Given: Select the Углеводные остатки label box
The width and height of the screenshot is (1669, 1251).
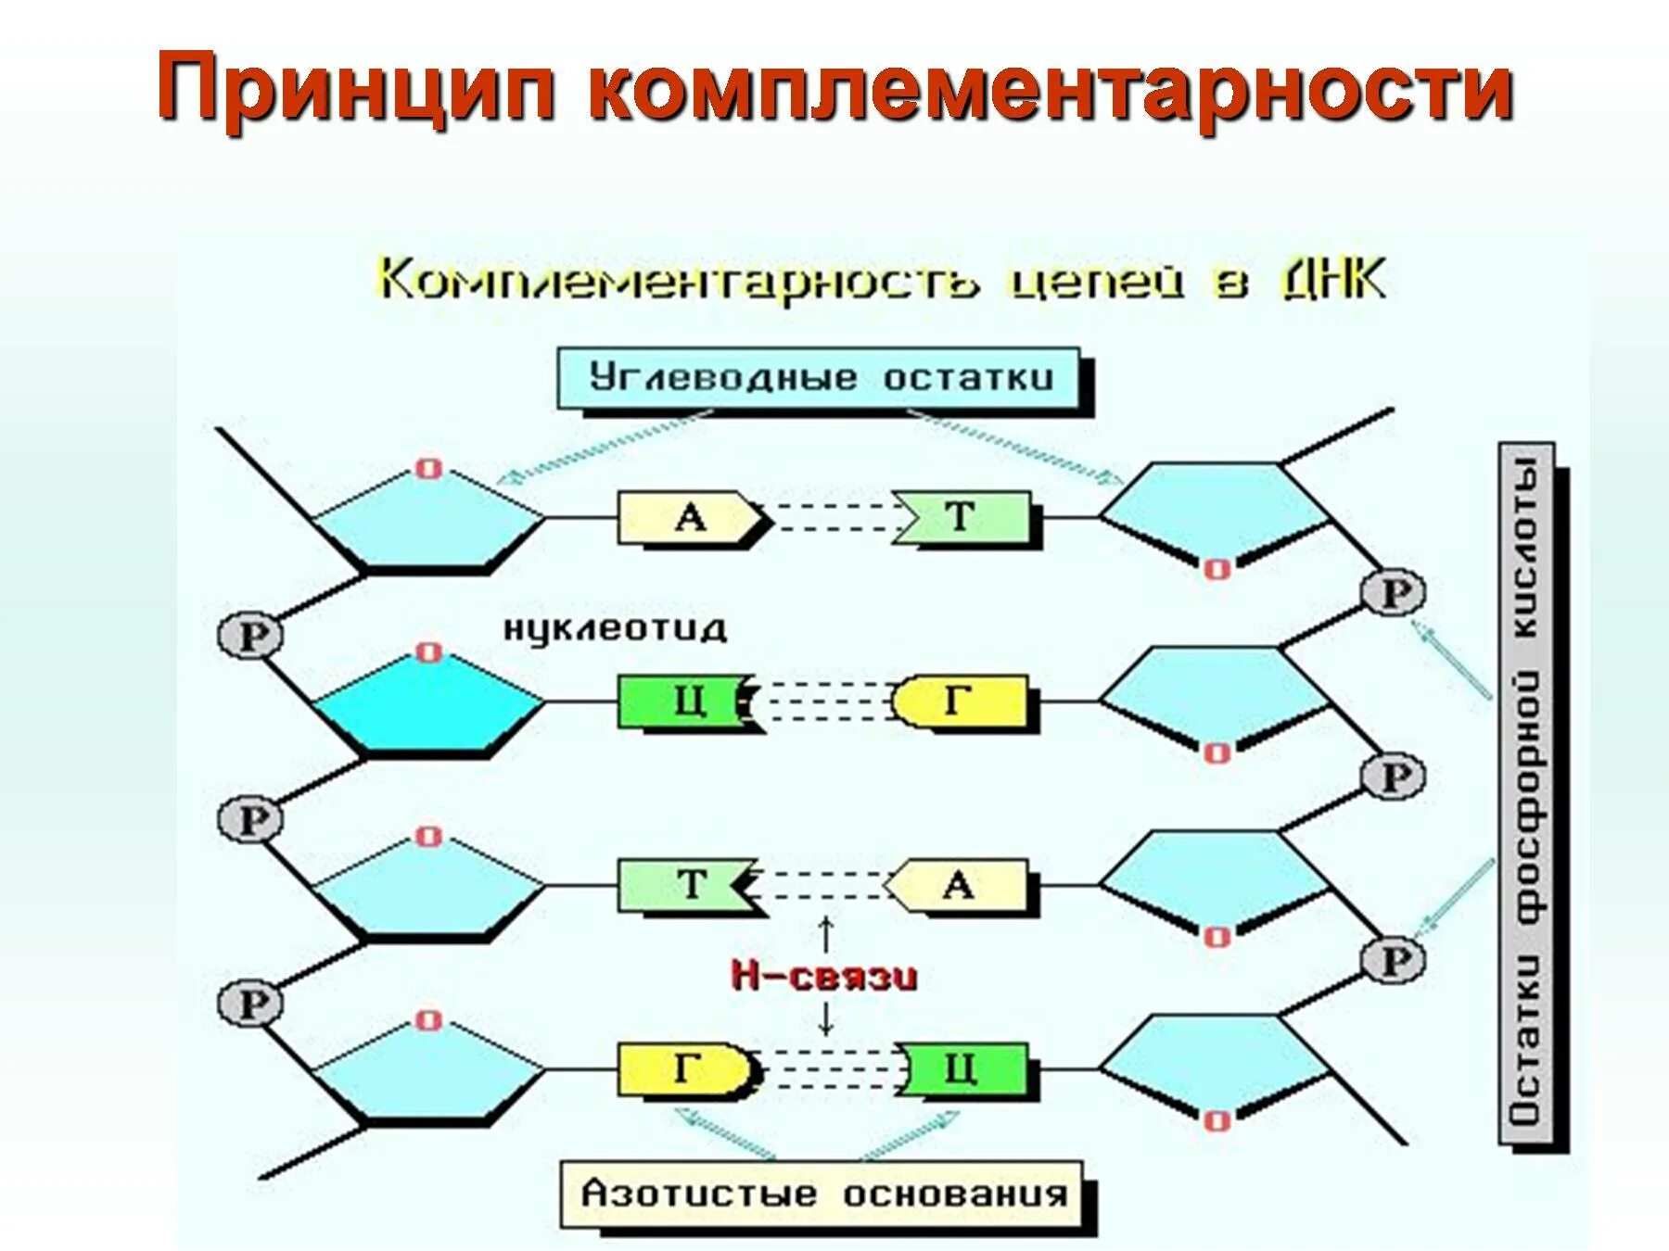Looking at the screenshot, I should coord(820,378).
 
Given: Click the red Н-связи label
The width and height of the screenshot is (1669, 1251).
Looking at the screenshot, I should coord(824,976).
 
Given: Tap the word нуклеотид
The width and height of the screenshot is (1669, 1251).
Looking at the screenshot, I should coord(615,629).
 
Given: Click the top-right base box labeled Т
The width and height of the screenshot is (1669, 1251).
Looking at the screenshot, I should coord(964,517).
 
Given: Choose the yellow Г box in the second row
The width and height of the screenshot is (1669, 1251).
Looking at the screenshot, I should coord(961,701).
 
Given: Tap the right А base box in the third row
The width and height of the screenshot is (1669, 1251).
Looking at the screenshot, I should coord(959,885).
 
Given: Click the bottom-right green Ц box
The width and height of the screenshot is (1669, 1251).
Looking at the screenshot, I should coord(964,1069).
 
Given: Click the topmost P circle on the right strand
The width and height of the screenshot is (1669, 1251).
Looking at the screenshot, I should coord(1393,593).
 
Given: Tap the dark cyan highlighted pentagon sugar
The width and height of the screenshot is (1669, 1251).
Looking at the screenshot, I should coord(427,704).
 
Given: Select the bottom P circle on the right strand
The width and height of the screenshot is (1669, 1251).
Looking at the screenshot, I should coord(1393,960).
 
